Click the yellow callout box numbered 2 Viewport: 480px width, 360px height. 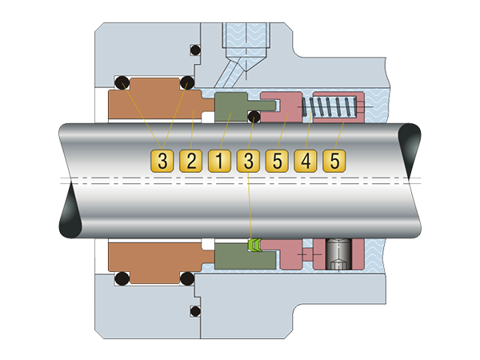pyautogui.click(x=190, y=161)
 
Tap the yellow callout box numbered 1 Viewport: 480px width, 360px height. pyautogui.click(x=219, y=161)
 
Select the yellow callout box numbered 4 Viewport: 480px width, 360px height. pyautogui.click(x=306, y=161)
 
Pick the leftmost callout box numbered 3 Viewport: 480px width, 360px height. pyautogui.click(x=162, y=161)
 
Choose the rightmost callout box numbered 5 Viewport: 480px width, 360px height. pyautogui.click(x=334, y=161)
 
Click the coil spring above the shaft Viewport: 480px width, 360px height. pyautogui.click(x=330, y=106)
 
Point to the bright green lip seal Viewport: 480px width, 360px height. pyautogui.click(x=254, y=245)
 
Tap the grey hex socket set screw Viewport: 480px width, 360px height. pyautogui.click(x=338, y=254)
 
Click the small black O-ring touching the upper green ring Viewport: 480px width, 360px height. pyautogui.click(x=254, y=117)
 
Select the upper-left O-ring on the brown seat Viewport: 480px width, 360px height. pyautogui.click(x=122, y=82)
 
